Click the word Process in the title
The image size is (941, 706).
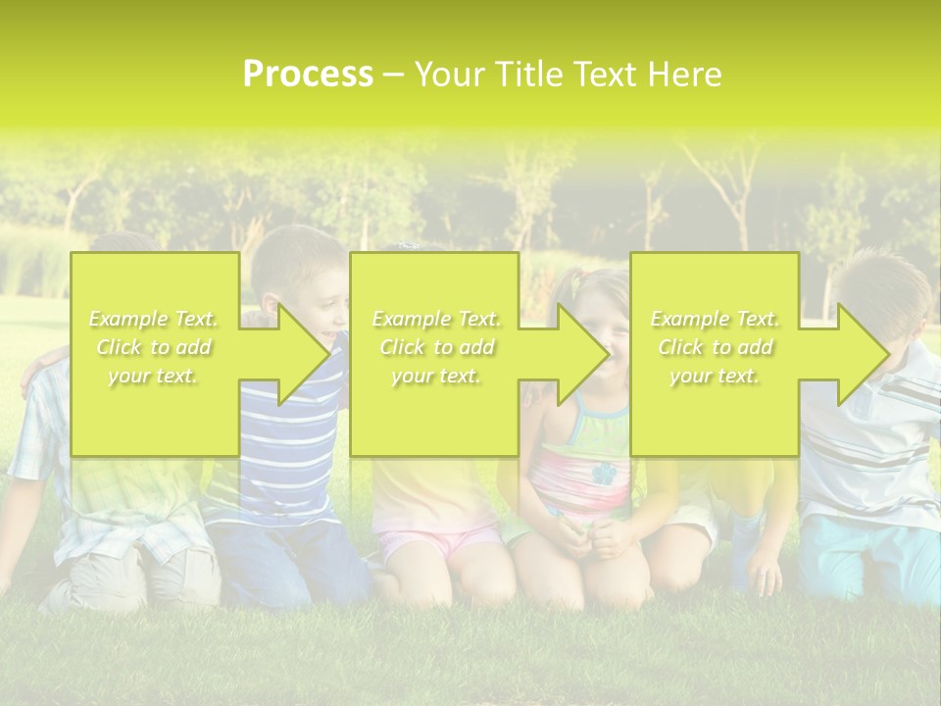(x=308, y=75)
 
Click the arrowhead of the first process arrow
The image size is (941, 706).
(x=303, y=354)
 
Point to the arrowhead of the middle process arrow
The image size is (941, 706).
(x=582, y=354)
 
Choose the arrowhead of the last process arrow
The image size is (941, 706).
(x=862, y=354)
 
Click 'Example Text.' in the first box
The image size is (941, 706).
(x=154, y=319)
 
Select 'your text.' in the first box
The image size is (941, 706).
(x=154, y=376)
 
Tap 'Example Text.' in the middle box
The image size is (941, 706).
(x=436, y=319)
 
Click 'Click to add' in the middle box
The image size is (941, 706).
(x=436, y=347)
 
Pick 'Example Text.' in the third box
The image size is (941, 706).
(x=715, y=319)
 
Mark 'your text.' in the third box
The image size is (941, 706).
(x=715, y=376)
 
